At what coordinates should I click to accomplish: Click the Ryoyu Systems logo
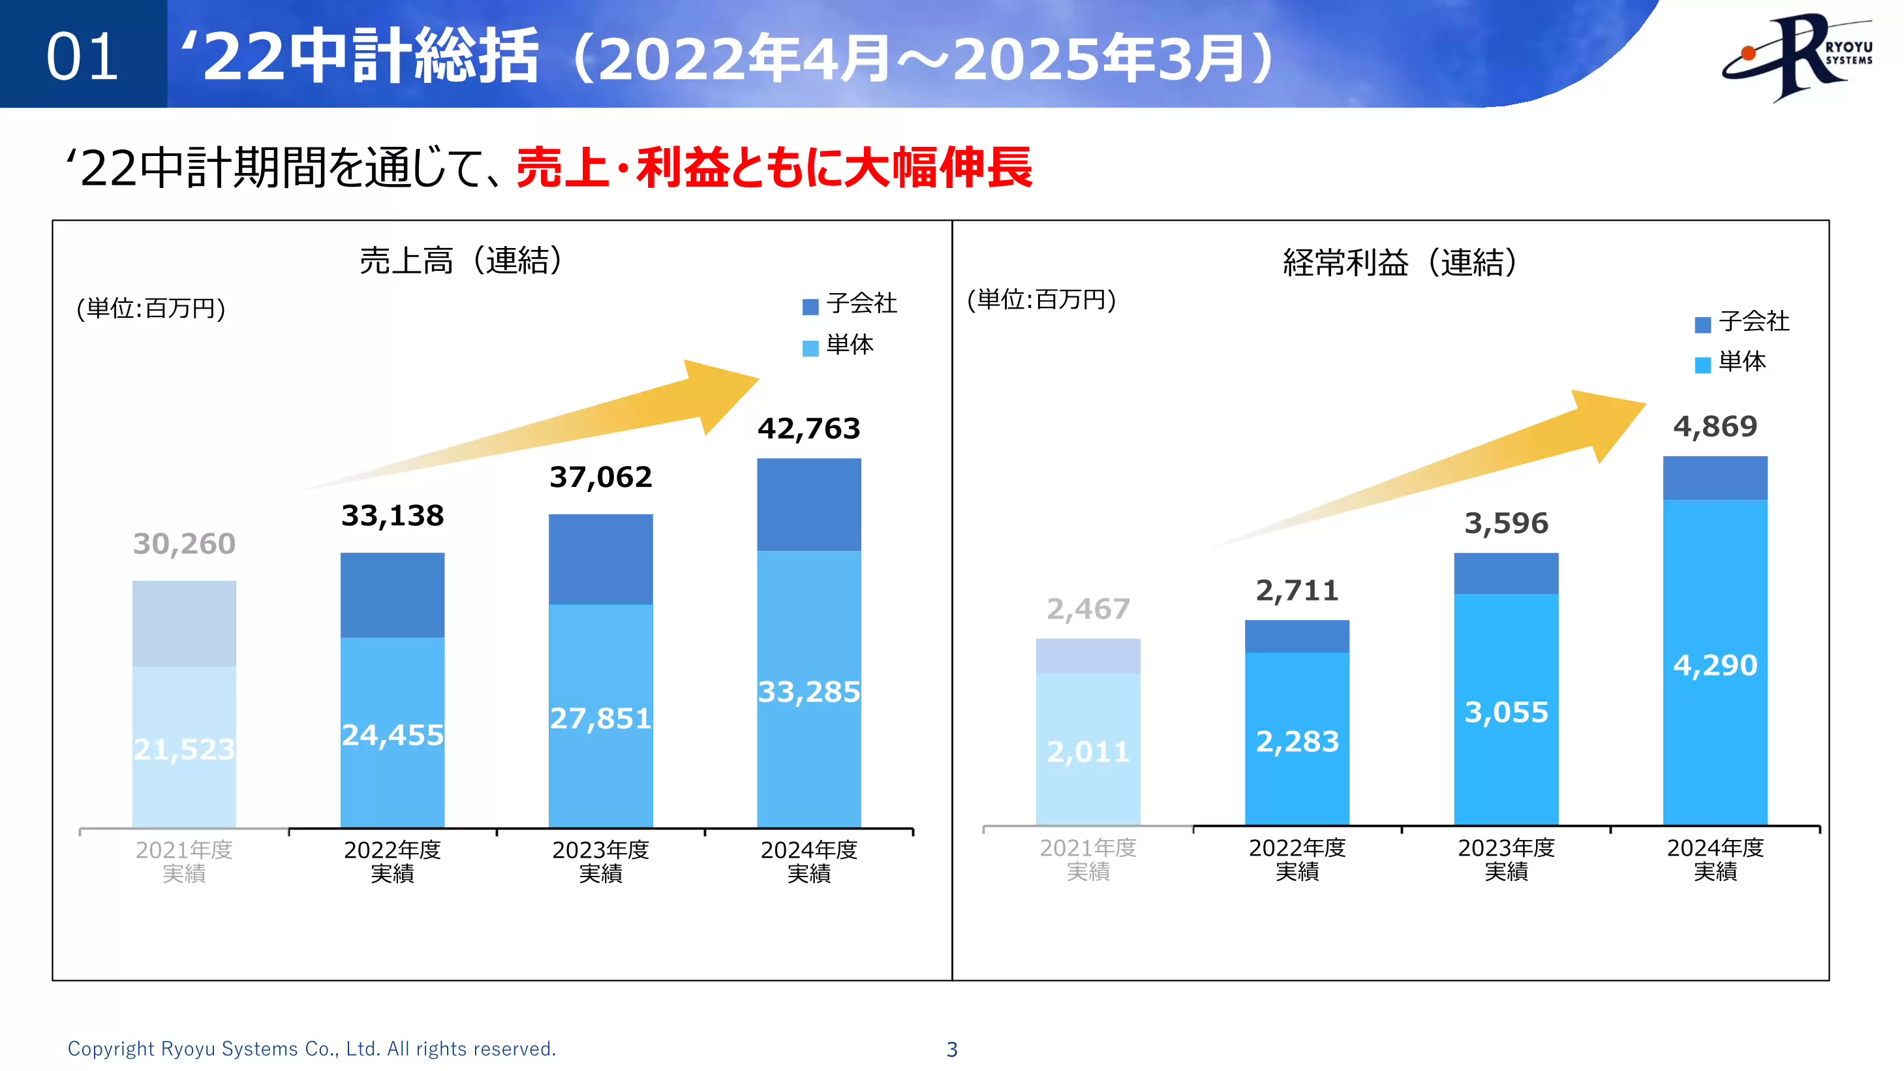click(x=1797, y=56)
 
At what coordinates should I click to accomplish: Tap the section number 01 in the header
click(x=82, y=57)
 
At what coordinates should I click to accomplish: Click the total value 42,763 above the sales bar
click(x=808, y=429)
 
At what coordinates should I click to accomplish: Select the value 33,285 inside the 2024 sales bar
click(x=808, y=692)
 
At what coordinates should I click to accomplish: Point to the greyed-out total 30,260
click(x=184, y=544)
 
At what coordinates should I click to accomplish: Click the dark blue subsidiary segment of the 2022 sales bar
click(x=392, y=595)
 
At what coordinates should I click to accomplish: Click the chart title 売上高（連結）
click(x=461, y=260)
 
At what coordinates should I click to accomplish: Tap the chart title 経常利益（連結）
click(x=1399, y=262)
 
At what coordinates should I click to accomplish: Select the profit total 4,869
click(x=1715, y=426)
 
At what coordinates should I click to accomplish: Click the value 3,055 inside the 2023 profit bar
click(x=1505, y=713)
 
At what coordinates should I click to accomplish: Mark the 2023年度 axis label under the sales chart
click(x=600, y=861)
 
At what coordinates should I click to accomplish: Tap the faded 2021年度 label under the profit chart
click(x=1087, y=859)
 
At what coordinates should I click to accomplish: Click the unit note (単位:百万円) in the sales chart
click(x=151, y=308)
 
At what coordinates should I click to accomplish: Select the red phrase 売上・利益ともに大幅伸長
click(x=774, y=168)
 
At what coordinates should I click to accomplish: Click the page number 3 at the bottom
click(x=952, y=1049)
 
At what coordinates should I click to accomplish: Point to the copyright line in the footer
click(x=311, y=1049)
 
